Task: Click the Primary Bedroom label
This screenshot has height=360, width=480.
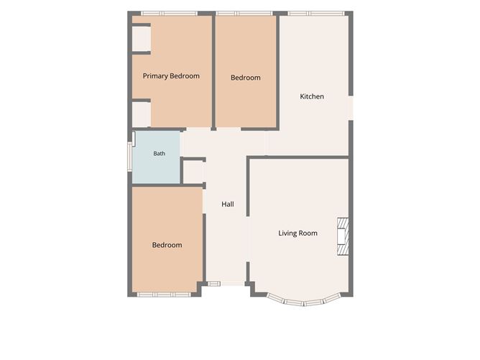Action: click(x=171, y=76)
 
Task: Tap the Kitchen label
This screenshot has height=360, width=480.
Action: click(x=312, y=96)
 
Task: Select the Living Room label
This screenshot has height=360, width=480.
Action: click(x=297, y=234)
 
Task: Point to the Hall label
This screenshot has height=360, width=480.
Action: click(x=228, y=204)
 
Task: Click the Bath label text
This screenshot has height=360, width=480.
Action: click(x=160, y=153)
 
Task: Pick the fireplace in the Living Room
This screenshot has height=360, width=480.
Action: click(x=343, y=236)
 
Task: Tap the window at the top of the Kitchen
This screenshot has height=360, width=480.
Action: click(x=316, y=14)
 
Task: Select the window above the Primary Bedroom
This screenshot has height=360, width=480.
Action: click(x=170, y=14)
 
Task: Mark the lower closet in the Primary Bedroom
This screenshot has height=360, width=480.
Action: click(x=142, y=114)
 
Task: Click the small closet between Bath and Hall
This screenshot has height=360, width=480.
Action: click(x=193, y=172)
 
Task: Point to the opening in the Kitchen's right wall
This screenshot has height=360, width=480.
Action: click(x=351, y=108)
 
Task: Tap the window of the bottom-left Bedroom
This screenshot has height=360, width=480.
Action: click(x=164, y=295)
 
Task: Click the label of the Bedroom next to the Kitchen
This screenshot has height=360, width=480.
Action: click(x=246, y=78)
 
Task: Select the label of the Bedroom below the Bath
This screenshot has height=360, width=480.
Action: click(x=167, y=245)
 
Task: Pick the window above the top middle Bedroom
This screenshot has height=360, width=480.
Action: click(x=244, y=14)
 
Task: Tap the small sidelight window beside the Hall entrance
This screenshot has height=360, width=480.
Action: click(x=214, y=284)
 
